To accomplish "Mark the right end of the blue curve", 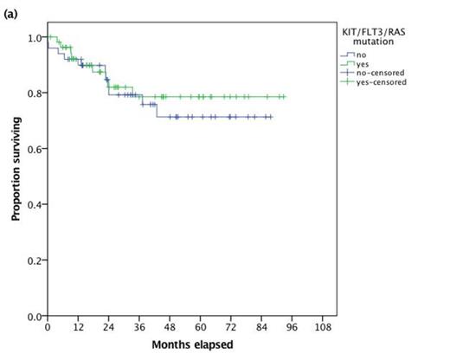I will coord(272,117).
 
